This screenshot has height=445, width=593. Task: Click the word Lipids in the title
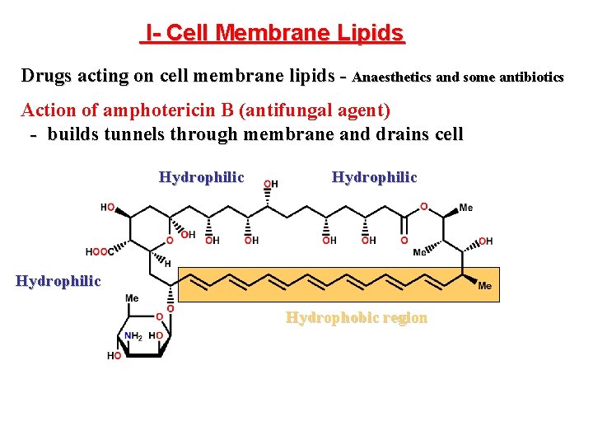coord(370,33)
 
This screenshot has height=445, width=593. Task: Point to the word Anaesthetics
coord(391,77)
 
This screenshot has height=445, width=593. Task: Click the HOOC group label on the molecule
coord(98,252)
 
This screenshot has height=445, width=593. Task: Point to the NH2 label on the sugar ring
coord(133,335)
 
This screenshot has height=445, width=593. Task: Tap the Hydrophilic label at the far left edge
coord(58,281)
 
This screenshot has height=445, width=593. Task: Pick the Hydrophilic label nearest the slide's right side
coord(374,177)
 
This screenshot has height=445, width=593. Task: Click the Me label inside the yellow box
coord(484,286)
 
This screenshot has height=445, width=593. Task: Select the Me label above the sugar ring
coord(132,298)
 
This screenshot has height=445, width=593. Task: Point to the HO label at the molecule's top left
coord(108,208)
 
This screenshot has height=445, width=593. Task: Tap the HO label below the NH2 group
coord(114,355)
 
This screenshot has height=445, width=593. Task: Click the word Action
coord(46,110)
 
